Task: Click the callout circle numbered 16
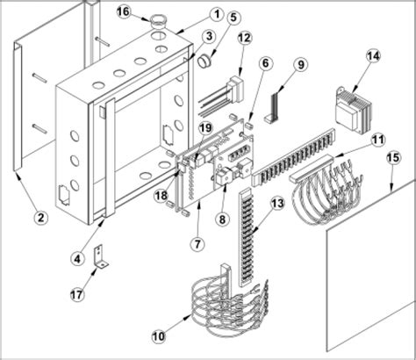coord(124,11)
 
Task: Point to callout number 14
coord(374,55)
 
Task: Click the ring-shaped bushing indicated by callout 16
coord(158,19)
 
